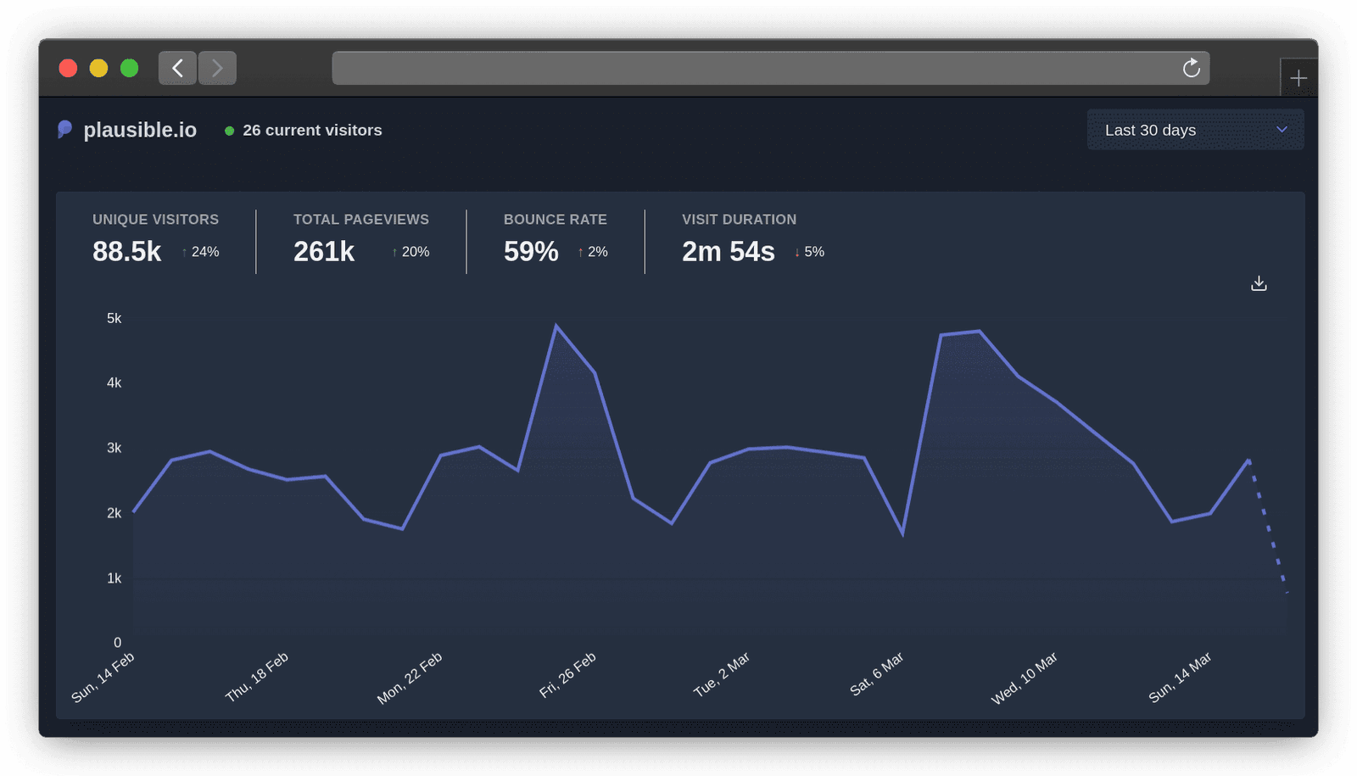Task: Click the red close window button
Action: click(x=68, y=68)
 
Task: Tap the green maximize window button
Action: click(x=129, y=68)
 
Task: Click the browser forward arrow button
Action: click(x=217, y=68)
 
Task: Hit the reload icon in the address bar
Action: click(x=1192, y=68)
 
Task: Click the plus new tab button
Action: click(x=1298, y=79)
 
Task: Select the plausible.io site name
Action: click(x=140, y=130)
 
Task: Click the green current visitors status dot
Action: click(x=229, y=131)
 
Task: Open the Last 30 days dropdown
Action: click(x=1195, y=130)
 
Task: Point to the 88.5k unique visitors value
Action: click(x=126, y=252)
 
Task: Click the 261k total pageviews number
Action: click(x=324, y=252)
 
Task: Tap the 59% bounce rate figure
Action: click(x=531, y=252)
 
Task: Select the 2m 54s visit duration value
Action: click(x=729, y=252)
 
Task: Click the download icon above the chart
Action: click(x=1259, y=283)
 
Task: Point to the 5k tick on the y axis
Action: click(x=114, y=318)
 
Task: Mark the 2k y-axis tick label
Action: click(x=114, y=513)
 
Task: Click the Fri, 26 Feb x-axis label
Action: click(x=567, y=675)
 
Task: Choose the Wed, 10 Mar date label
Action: click(x=1025, y=678)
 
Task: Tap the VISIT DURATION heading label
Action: click(x=739, y=220)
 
